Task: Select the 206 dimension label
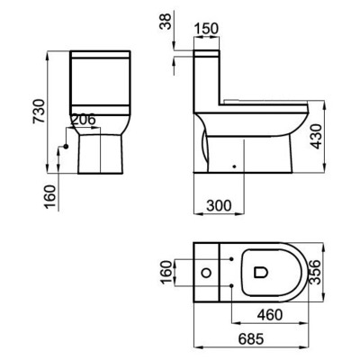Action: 83,120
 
